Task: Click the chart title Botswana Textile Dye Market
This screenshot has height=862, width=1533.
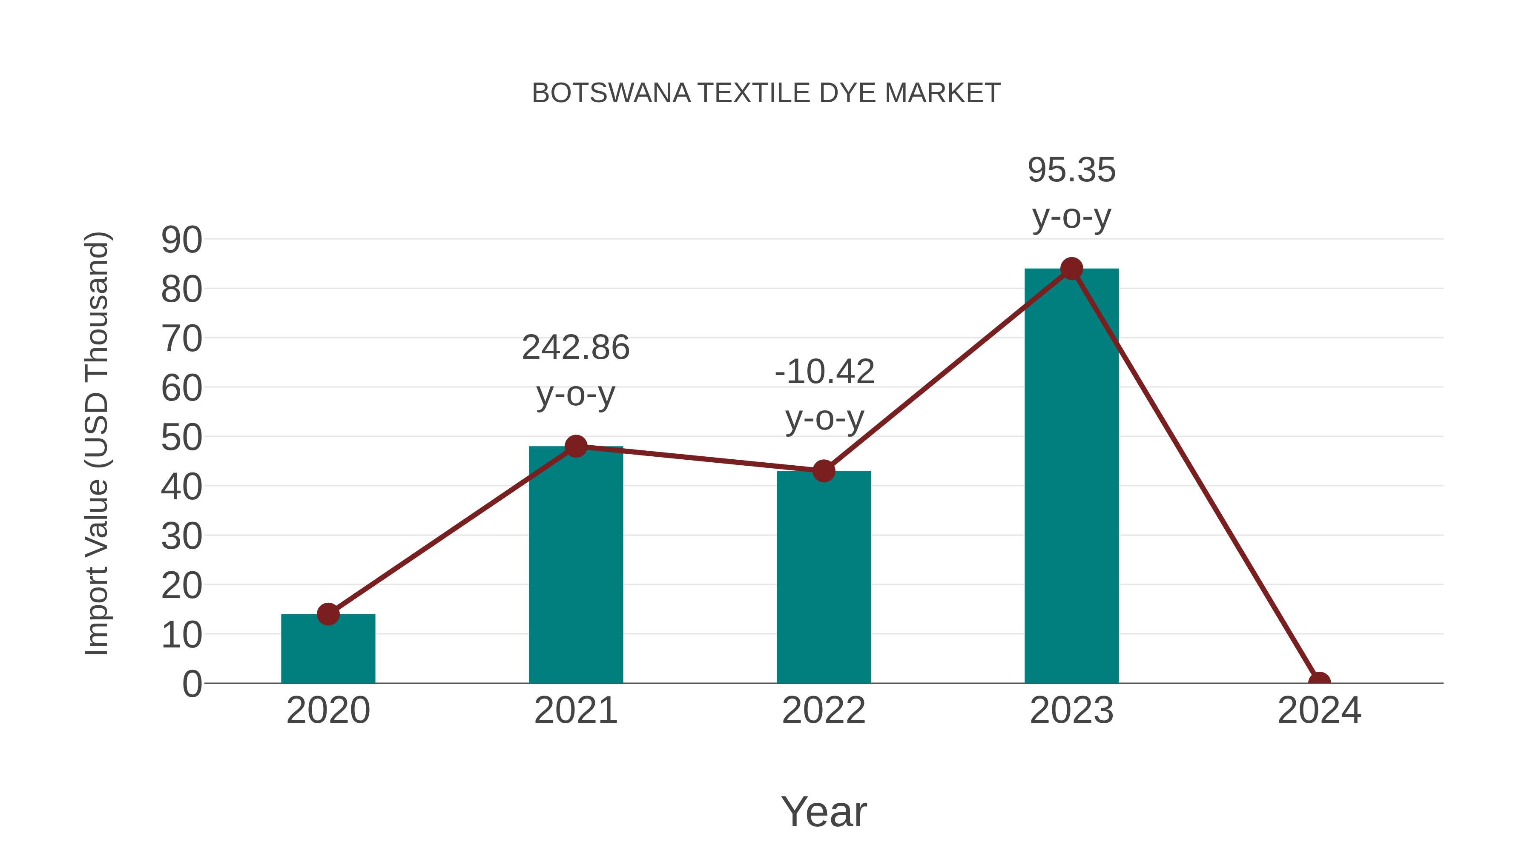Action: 766,93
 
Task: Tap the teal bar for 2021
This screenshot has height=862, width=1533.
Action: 575,565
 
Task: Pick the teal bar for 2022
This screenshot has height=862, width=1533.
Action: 824,577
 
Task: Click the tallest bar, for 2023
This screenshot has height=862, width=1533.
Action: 1071,476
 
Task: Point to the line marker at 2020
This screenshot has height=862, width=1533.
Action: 328,614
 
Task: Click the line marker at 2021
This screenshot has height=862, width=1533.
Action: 575,446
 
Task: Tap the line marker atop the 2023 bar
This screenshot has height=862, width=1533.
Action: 1071,269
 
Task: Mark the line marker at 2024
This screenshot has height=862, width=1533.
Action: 1319,682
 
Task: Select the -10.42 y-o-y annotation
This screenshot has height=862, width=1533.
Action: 824,395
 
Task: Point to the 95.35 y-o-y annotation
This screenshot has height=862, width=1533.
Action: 1071,193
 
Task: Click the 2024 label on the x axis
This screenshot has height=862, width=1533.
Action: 1319,710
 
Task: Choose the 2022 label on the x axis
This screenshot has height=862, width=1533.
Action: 824,710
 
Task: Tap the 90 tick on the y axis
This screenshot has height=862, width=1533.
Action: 181,241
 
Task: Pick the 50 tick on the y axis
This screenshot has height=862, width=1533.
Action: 181,438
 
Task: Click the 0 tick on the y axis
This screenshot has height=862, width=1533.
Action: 192,684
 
